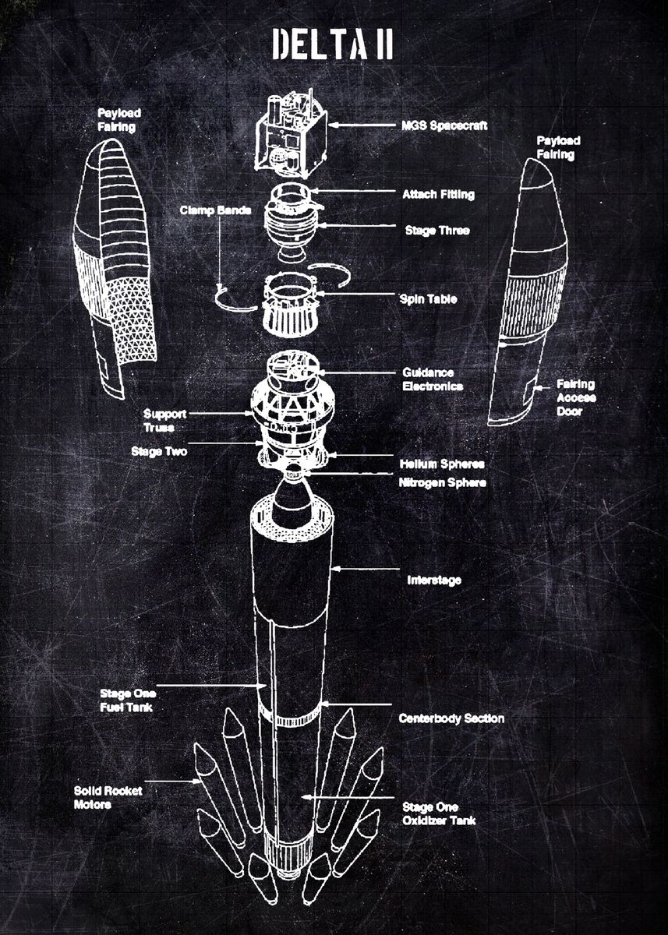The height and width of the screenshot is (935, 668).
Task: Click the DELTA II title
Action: pyautogui.click(x=332, y=44)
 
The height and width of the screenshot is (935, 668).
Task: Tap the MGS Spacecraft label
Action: pyautogui.click(x=444, y=125)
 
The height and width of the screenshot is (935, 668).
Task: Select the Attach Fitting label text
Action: pyautogui.click(x=438, y=194)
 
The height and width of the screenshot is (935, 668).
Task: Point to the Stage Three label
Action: pyautogui.click(x=437, y=231)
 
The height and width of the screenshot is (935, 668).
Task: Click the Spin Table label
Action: pyautogui.click(x=429, y=299)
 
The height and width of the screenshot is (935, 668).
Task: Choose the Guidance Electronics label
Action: pyautogui.click(x=433, y=379)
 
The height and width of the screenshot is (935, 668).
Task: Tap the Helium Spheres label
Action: pyautogui.click(x=442, y=464)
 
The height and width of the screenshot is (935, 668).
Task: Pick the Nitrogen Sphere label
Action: pyautogui.click(x=442, y=482)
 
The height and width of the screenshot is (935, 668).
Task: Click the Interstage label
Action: pyautogui.click(x=434, y=580)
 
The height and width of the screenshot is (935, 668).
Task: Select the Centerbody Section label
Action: pyautogui.click(x=451, y=718)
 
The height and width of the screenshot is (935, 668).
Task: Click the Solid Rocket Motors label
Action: pyautogui.click(x=108, y=797)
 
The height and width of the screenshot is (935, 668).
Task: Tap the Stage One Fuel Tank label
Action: pyautogui.click(x=128, y=700)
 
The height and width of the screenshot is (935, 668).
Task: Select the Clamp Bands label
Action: pyautogui.click(x=215, y=210)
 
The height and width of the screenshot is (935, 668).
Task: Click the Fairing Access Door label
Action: pyautogui.click(x=576, y=397)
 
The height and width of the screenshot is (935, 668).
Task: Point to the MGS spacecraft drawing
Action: pyautogui.click(x=292, y=132)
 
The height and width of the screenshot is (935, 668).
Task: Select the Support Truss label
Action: pyautogui.click(x=164, y=421)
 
